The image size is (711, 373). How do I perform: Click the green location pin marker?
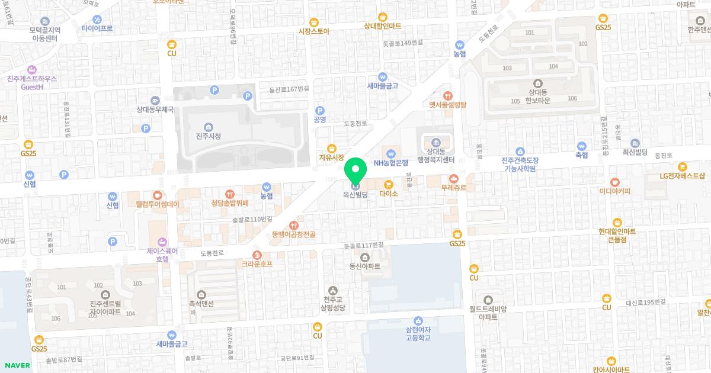[355, 172]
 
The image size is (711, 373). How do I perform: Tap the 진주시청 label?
[208, 136]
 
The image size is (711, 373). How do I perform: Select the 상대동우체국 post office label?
[155, 109]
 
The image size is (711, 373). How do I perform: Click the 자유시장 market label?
[332, 157]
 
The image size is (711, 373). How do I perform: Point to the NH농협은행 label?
[392, 162]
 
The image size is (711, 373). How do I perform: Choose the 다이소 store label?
[389, 193]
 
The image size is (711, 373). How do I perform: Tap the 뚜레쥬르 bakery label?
[454, 188]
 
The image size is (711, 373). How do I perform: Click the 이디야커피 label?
[614, 191]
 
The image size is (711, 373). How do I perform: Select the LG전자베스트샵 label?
[683, 176]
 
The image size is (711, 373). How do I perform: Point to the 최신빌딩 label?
[635, 152]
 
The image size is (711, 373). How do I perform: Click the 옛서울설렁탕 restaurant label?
[448, 104]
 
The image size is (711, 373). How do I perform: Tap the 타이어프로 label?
[97, 28]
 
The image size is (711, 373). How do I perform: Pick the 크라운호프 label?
[257, 263]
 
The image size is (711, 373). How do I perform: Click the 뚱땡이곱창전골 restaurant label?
[293, 234]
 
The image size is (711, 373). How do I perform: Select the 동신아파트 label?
[364, 266]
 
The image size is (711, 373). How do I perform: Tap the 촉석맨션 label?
[201, 302]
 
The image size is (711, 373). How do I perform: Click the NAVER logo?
[17, 365]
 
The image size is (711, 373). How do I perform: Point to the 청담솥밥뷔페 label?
[229, 203]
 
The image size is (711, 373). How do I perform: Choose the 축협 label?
[582, 155]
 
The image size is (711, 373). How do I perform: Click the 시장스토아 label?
[314, 31]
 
